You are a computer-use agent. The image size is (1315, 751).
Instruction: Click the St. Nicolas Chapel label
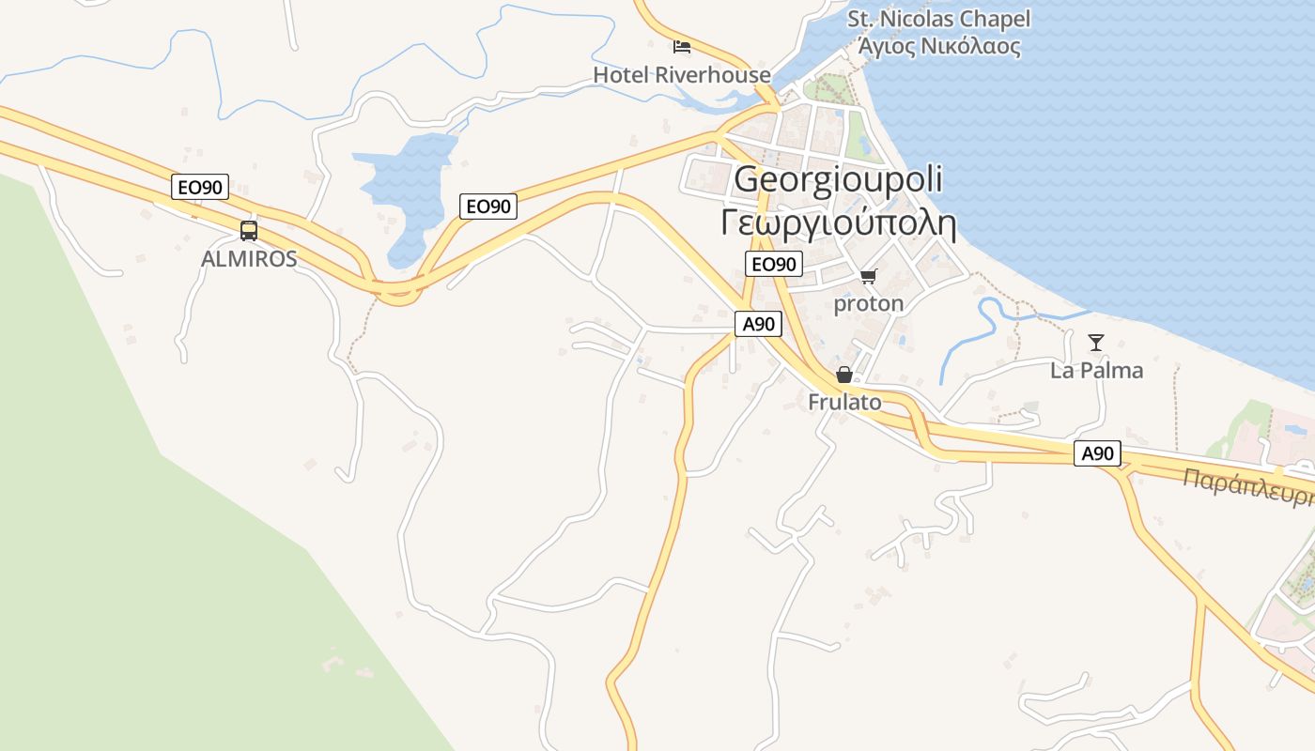(938, 19)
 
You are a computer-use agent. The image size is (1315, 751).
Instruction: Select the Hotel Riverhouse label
(682, 75)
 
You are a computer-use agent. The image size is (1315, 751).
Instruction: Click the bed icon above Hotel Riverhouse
(682, 46)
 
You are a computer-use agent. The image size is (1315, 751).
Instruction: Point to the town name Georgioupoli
(838, 179)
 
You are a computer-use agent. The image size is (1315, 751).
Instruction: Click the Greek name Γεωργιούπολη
(838, 224)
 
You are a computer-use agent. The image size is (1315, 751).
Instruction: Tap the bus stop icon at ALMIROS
(248, 230)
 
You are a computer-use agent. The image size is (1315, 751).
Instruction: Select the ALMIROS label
(249, 259)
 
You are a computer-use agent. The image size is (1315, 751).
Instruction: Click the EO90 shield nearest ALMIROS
(201, 187)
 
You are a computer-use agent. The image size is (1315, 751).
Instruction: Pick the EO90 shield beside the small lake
(488, 206)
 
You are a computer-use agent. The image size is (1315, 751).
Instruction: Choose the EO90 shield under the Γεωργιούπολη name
(774, 265)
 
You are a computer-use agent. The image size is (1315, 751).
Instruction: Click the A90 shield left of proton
(758, 324)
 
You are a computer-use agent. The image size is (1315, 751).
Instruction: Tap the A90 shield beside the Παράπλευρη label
(1097, 453)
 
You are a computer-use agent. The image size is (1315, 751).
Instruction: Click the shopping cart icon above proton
(868, 276)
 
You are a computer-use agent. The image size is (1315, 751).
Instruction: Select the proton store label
(868, 303)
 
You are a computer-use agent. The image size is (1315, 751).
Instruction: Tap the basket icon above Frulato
(844, 375)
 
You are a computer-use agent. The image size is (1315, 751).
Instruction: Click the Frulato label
(844, 402)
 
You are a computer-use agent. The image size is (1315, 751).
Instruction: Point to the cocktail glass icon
(1095, 342)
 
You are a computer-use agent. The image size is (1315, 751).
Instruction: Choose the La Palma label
(1096, 370)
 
